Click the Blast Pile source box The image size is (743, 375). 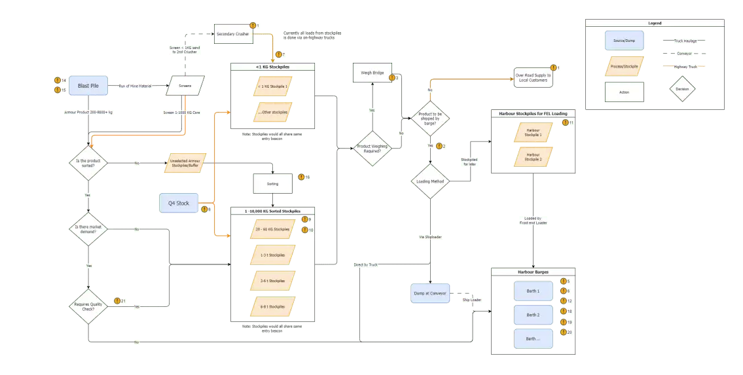click(x=88, y=86)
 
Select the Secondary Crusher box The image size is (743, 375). click(x=233, y=34)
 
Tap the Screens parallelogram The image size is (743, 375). click(x=185, y=86)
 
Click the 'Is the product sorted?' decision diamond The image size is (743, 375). click(x=88, y=163)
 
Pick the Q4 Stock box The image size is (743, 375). click(x=179, y=203)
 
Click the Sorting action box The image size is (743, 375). click(x=272, y=184)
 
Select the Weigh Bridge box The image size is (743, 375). click(x=372, y=73)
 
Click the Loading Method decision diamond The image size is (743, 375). click(x=430, y=181)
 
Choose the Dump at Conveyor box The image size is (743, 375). click(x=429, y=293)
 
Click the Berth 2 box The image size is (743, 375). click(x=533, y=315)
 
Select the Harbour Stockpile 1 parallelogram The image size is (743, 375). click(x=533, y=132)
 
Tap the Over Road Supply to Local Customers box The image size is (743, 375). click(x=533, y=77)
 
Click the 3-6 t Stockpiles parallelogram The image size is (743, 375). click(x=272, y=281)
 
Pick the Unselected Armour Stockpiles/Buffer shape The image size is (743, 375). click(x=185, y=163)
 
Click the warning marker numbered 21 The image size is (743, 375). click(x=116, y=301)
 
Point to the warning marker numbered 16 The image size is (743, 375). click(x=300, y=177)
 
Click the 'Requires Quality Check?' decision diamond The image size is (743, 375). click(x=88, y=306)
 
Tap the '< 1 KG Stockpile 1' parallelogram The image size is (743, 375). click(x=272, y=86)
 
